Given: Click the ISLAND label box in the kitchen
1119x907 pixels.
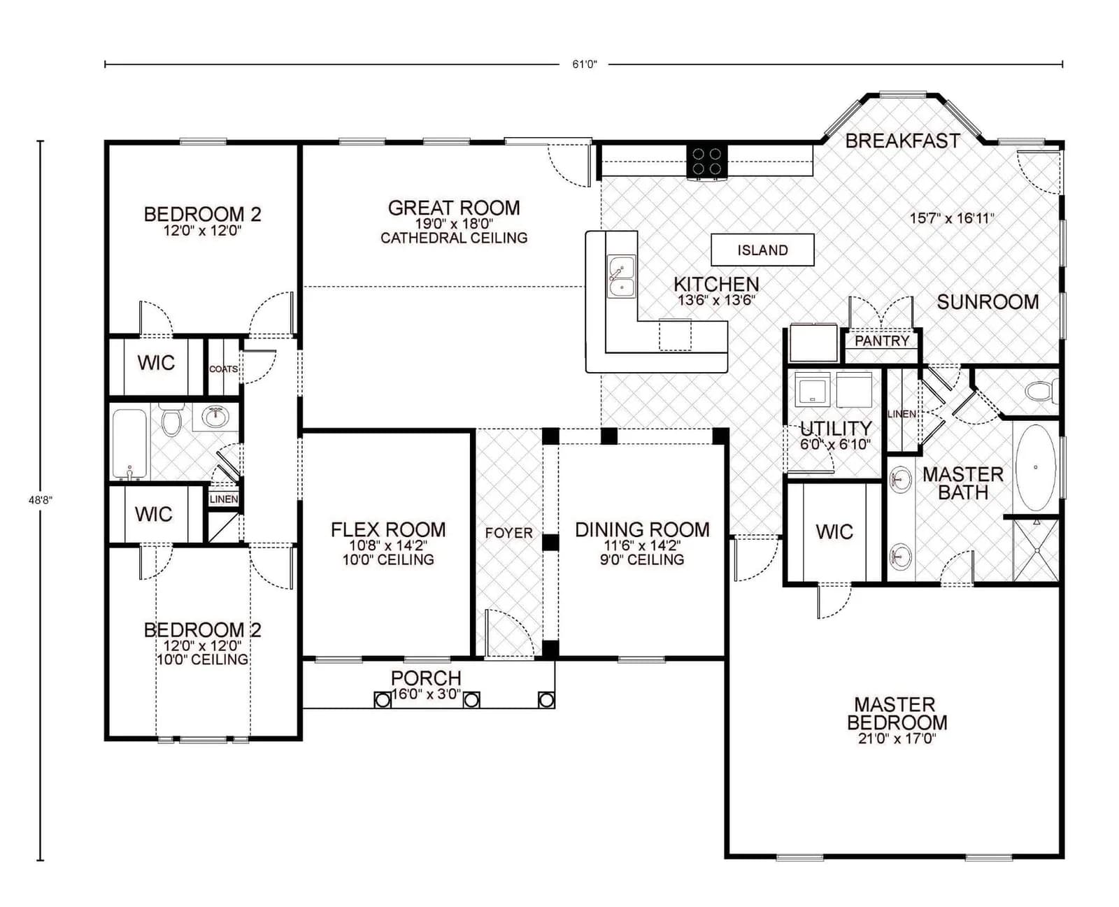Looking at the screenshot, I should pyautogui.click(x=762, y=250).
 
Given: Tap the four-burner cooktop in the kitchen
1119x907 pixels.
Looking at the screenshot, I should pyautogui.click(x=707, y=162).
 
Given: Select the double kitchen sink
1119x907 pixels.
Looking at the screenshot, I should pyautogui.click(x=621, y=277).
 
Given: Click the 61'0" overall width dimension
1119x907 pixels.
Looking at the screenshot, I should pyautogui.click(x=584, y=64).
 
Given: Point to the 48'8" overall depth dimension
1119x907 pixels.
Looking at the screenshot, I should pyautogui.click(x=41, y=500).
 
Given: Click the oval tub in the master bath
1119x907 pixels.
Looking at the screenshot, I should pyautogui.click(x=1036, y=467).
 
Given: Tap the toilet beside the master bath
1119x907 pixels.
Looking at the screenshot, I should pyautogui.click(x=1043, y=390).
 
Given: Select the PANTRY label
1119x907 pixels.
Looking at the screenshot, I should pyautogui.click(x=882, y=341).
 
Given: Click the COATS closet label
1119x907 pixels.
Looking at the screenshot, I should pyautogui.click(x=223, y=369).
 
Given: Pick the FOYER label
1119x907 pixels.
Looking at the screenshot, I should pyautogui.click(x=508, y=533).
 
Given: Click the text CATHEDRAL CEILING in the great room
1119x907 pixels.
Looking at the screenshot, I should pyautogui.click(x=454, y=238).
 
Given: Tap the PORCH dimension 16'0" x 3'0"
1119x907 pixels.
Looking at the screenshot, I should pyautogui.click(x=426, y=694).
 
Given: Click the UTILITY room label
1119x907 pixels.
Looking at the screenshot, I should pyautogui.click(x=836, y=428).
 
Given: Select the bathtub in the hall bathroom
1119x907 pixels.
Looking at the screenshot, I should pyautogui.click(x=130, y=443).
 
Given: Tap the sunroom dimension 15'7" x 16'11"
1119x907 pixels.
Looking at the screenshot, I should pyautogui.click(x=951, y=218).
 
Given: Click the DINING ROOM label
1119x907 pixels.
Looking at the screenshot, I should pyautogui.click(x=642, y=530).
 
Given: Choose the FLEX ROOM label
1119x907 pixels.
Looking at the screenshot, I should pyautogui.click(x=388, y=530).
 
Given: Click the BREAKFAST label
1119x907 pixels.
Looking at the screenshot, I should pyautogui.click(x=902, y=141).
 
